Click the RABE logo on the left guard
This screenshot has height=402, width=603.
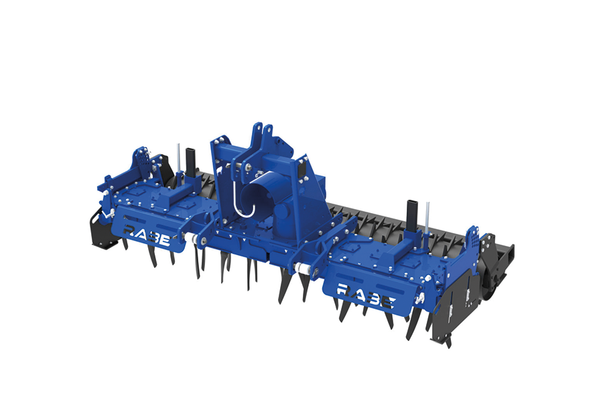[147, 235]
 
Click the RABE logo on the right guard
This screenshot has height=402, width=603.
[365, 295]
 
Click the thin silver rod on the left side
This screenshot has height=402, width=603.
[178, 159]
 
